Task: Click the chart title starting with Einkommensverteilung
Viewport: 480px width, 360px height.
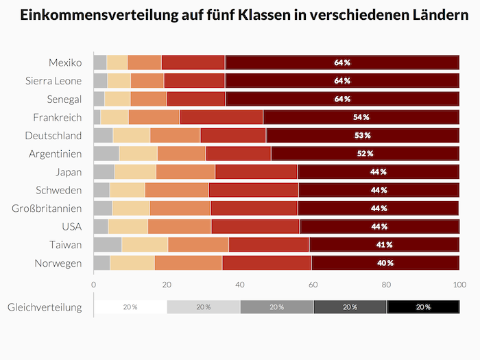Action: (x=240, y=15)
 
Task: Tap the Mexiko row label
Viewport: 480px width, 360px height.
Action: (x=65, y=62)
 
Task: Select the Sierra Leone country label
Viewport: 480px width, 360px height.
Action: (x=53, y=81)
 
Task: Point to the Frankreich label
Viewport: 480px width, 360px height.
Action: (x=58, y=117)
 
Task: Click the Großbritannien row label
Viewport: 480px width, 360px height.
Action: (x=47, y=208)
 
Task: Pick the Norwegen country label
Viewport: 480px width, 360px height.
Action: (x=58, y=263)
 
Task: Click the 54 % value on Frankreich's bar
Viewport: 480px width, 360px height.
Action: (x=361, y=117)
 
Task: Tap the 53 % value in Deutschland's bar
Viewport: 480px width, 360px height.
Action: (x=363, y=135)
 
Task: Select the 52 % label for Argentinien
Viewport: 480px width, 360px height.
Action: (x=365, y=154)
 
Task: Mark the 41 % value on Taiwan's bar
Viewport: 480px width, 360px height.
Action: (x=384, y=245)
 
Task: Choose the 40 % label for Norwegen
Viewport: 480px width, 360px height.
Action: (x=385, y=263)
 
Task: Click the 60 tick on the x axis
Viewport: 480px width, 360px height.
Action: (x=313, y=283)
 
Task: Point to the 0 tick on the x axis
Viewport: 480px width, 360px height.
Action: (x=94, y=283)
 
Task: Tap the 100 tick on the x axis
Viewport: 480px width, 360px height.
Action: (x=459, y=283)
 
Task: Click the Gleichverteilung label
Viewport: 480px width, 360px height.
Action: (x=45, y=307)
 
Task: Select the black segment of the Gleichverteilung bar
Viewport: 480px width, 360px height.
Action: (x=423, y=307)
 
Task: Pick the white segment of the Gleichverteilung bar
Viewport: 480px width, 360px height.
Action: (x=130, y=307)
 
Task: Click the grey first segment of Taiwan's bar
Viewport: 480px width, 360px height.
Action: (x=108, y=245)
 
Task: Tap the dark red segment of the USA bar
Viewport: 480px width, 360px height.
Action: (x=379, y=226)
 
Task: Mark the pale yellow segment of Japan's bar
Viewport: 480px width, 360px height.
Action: (x=135, y=171)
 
